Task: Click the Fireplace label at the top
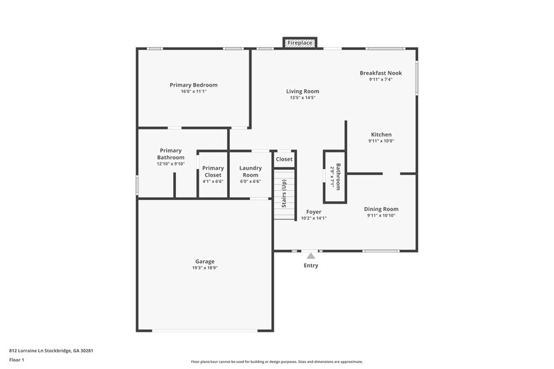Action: (x=300, y=43)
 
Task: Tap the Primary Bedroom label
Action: (x=193, y=84)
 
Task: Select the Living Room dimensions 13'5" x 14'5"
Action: (x=303, y=98)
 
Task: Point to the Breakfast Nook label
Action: (x=380, y=73)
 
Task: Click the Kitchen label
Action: (x=381, y=134)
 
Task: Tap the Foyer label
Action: (x=313, y=211)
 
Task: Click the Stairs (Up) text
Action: (x=284, y=194)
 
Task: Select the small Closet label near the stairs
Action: (x=284, y=159)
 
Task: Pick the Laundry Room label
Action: (x=249, y=171)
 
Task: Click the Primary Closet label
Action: (x=213, y=171)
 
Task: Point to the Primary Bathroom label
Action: (x=170, y=154)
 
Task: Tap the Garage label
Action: (x=204, y=261)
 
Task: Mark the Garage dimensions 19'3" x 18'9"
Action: (x=204, y=268)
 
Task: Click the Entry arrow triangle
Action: (x=311, y=256)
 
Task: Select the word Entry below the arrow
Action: (x=311, y=265)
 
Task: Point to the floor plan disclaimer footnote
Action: (x=276, y=361)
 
